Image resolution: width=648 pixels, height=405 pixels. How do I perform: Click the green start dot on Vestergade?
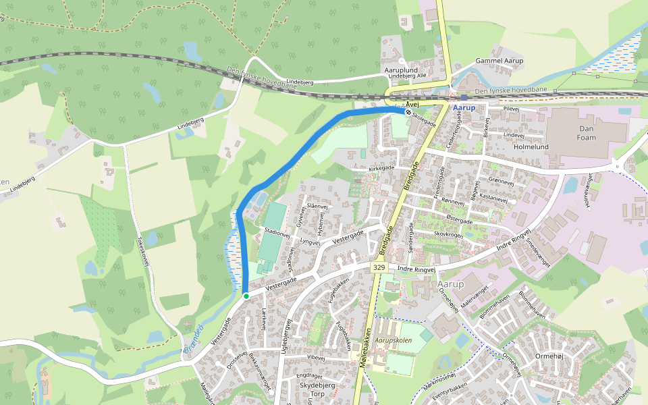246,296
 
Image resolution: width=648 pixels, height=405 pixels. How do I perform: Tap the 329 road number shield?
379,268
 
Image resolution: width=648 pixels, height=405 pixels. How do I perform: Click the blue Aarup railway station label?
464,108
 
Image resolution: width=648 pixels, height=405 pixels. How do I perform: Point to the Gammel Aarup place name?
500,61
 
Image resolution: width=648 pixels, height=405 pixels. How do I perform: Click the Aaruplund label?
401,70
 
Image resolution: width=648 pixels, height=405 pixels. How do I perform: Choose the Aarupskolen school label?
394,341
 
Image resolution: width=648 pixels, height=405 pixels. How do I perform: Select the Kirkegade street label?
381,167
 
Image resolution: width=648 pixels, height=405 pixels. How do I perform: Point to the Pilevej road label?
510,108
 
